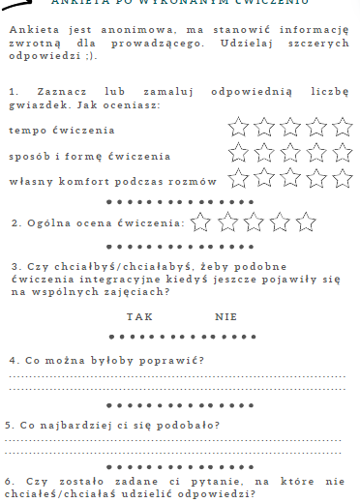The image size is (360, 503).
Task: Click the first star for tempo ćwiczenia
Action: pos(237,127)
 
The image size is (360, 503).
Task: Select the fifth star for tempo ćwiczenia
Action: pos(342,127)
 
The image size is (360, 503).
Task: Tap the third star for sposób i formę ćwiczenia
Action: pos(289,152)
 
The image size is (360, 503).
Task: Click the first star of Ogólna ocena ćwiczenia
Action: pos(201,222)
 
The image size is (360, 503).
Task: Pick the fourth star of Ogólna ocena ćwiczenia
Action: pos(281,222)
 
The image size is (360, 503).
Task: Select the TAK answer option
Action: pos(139,316)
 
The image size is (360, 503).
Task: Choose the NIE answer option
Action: pos(226,316)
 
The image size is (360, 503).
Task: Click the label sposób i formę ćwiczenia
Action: pos(75,155)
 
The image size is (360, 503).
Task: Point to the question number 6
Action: pos(9,481)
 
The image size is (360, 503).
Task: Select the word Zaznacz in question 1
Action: pos(51,90)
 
